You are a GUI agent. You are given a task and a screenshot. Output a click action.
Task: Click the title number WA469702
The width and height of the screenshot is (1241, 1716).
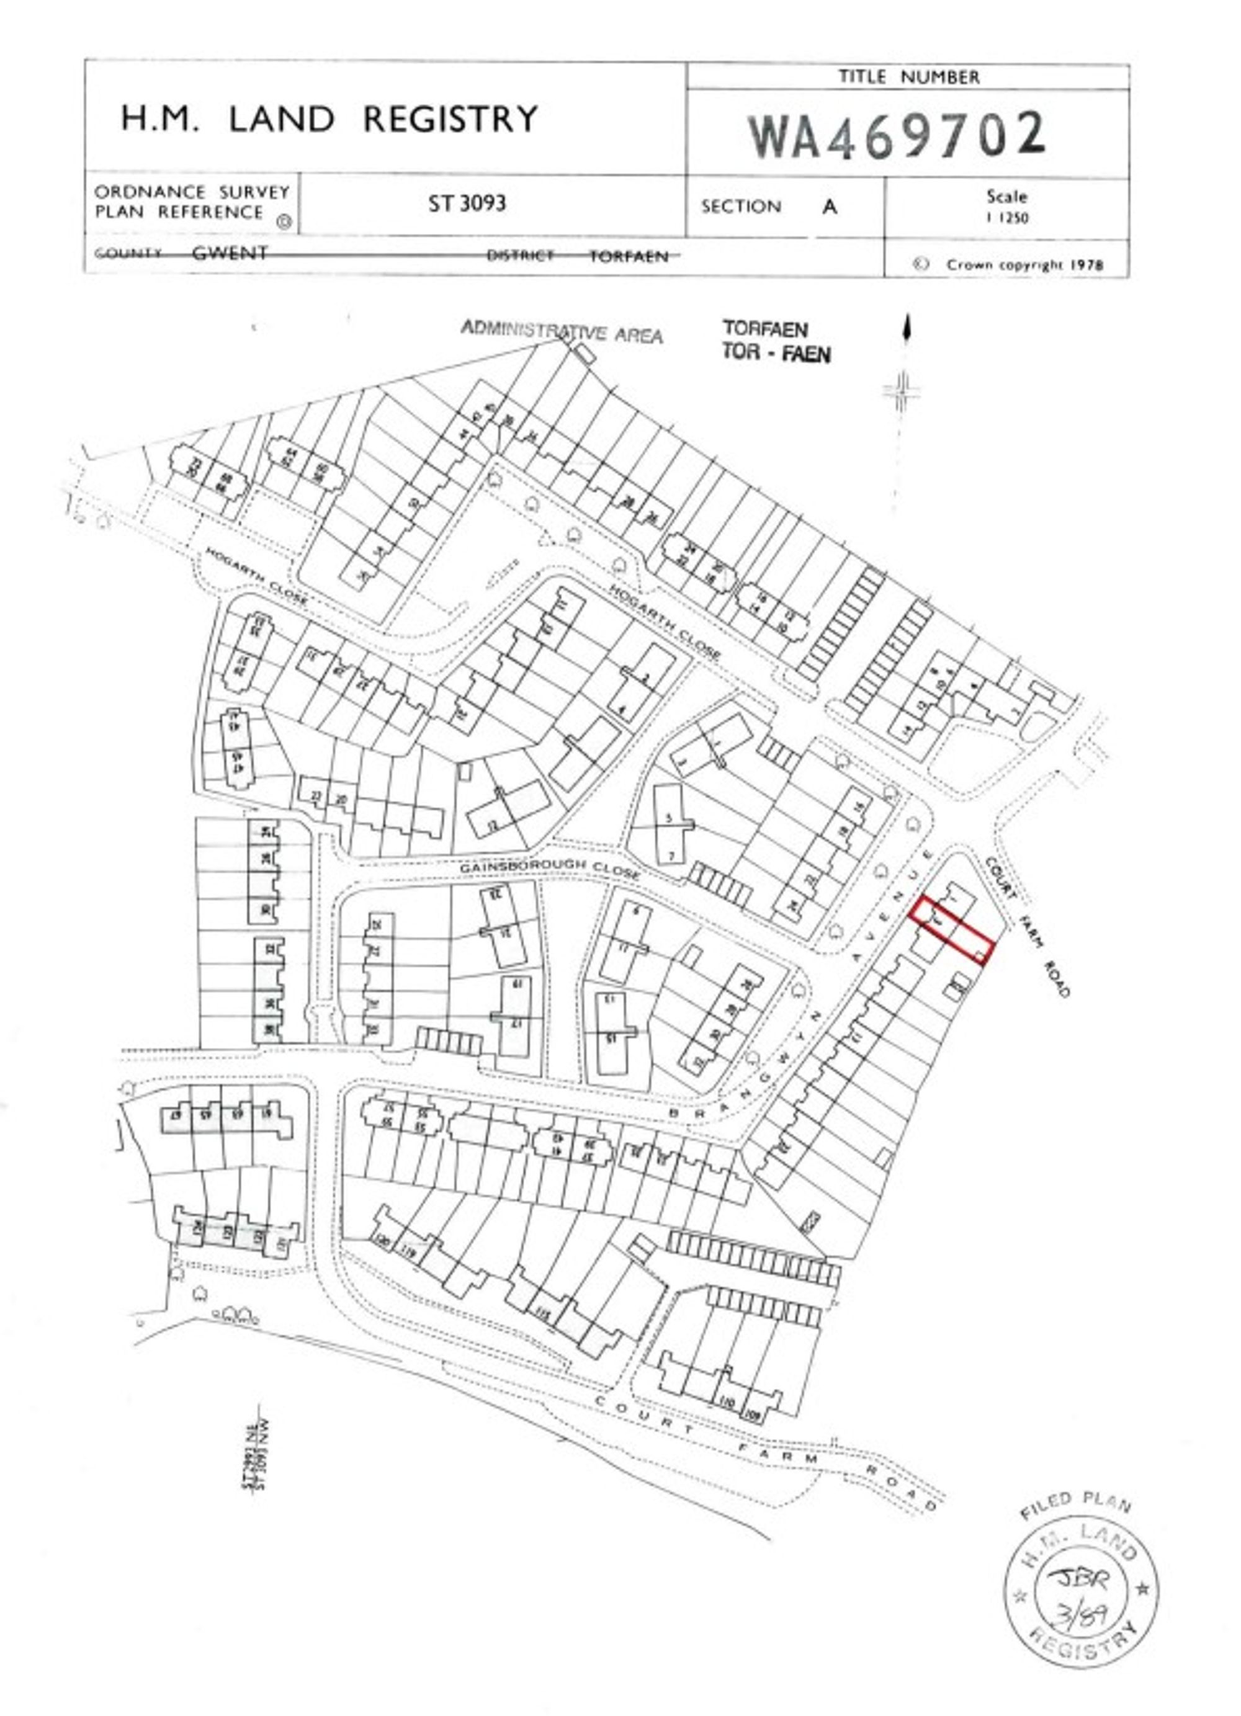[x=897, y=135]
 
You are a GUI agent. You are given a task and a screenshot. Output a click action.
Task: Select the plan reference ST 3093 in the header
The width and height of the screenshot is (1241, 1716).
[x=467, y=203]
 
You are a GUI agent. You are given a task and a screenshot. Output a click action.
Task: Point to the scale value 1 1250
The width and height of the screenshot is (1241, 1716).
[x=1006, y=218]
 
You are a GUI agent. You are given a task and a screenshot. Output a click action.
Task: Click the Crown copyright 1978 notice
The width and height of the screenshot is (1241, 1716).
[x=1024, y=265]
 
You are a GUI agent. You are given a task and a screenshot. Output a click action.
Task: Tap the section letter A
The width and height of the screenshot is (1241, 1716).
[x=830, y=207]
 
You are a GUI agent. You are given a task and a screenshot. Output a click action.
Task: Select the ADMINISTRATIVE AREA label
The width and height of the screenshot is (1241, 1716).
[x=562, y=331]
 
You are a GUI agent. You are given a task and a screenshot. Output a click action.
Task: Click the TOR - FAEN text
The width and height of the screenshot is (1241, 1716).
[x=776, y=354]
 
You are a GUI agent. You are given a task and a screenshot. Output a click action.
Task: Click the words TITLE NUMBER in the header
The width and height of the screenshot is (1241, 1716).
[x=908, y=77]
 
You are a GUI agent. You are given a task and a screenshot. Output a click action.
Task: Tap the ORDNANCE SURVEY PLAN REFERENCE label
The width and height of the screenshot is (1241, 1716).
[x=192, y=202]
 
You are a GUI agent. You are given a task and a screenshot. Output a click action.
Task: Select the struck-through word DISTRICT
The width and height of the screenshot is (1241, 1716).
[x=520, y=256]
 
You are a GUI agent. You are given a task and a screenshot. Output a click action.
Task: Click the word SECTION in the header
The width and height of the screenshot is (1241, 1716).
[x=741, y=207]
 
